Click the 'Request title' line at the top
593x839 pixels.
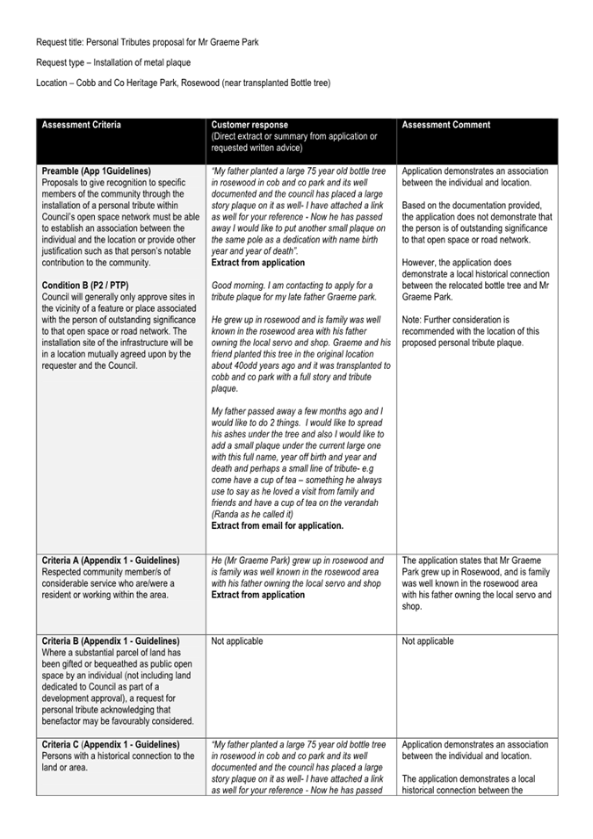[x=147, y=42]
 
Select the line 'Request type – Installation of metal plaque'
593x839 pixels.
[x=113, y=62]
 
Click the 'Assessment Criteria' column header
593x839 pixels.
[x=82, y=126]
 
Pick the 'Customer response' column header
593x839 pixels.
[x=249, y=126]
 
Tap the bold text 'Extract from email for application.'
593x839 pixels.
[x=277, y=525]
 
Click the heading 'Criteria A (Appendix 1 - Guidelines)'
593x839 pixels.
[x=111, y=560]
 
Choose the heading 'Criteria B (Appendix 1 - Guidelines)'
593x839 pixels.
[x=111, y=640]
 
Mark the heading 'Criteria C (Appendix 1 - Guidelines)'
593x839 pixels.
[x=111, y=744]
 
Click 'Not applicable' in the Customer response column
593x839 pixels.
[x=237, y=641]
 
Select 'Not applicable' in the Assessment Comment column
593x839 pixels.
[x=428, y=641]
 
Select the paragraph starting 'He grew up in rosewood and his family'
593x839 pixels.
[x=300, y=348]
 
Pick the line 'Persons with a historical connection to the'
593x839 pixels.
[x=118, y=756]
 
